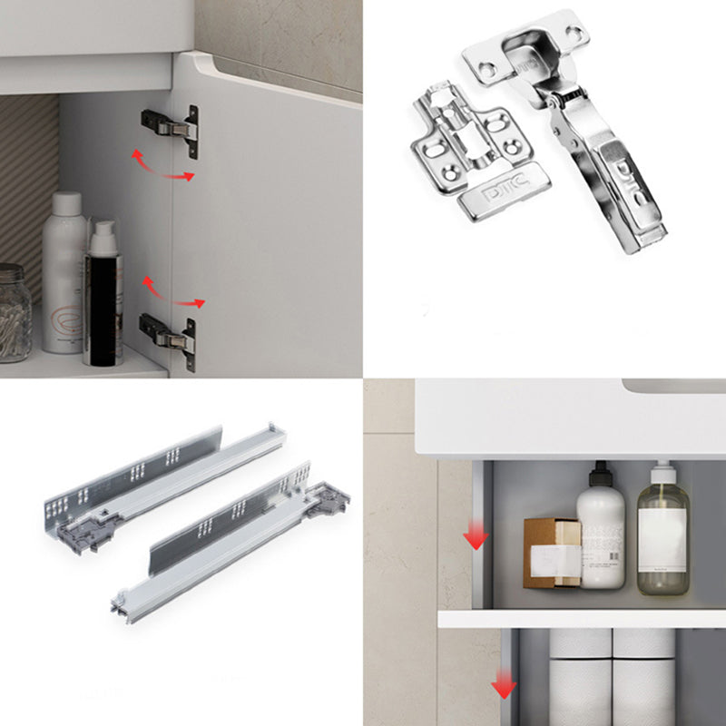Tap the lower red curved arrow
point(172,294)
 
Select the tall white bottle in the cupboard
point(64,272)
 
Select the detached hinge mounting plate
point(472,154)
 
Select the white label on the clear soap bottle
point(661,539)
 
